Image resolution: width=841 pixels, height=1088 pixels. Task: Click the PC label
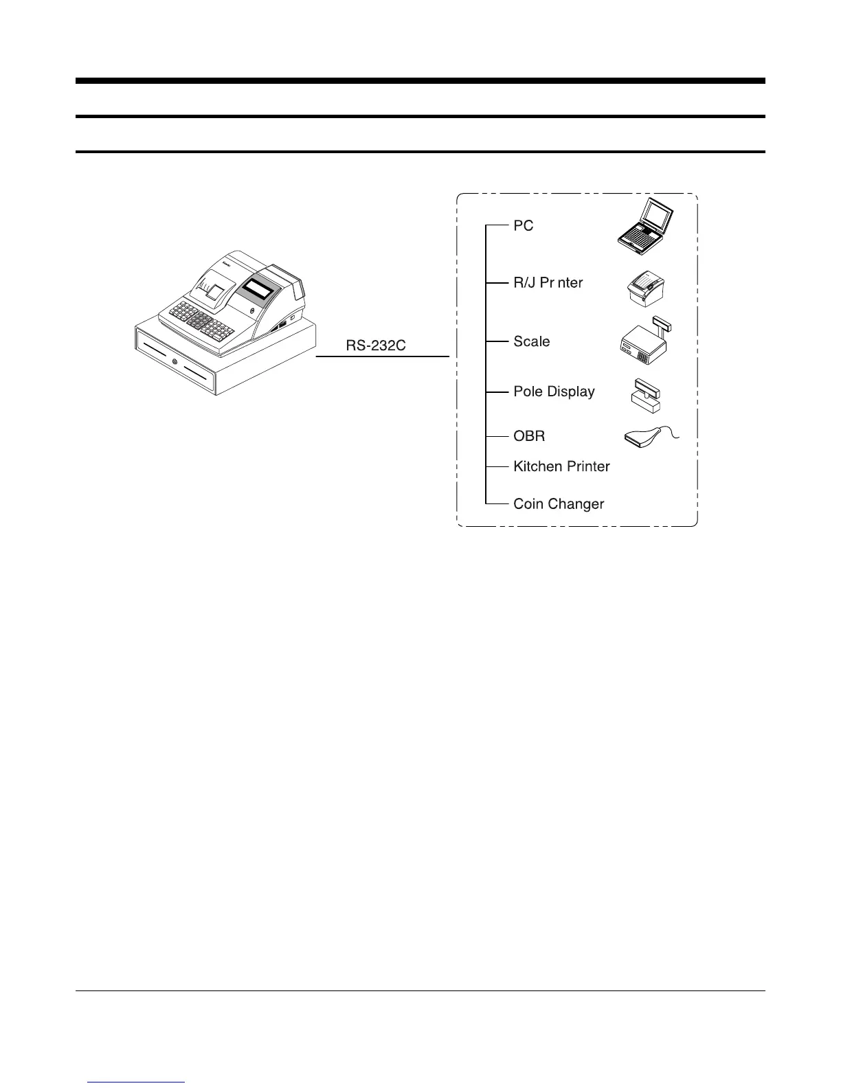click(524, 226)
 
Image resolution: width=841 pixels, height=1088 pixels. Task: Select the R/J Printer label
click(548, 282)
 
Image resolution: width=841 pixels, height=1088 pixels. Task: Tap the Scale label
click(531, 341)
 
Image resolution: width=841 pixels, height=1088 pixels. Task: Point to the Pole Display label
click(554, 392)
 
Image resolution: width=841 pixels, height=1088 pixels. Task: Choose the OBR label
click(529, 436)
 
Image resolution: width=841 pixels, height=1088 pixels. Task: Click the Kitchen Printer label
click(561, 466)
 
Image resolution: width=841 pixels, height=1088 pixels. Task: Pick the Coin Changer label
click(559, 503)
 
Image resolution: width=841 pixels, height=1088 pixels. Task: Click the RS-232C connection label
click(376, 345)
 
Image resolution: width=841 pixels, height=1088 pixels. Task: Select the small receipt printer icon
click(647, 287)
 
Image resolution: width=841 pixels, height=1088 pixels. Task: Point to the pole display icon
click(646, 396)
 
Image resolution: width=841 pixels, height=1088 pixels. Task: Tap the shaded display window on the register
click(259, 288)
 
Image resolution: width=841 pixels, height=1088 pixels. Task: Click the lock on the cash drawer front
click(175, 362)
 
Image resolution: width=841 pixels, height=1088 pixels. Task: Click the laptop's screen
click(658, 217)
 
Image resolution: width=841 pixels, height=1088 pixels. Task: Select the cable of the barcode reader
click(672, 431)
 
